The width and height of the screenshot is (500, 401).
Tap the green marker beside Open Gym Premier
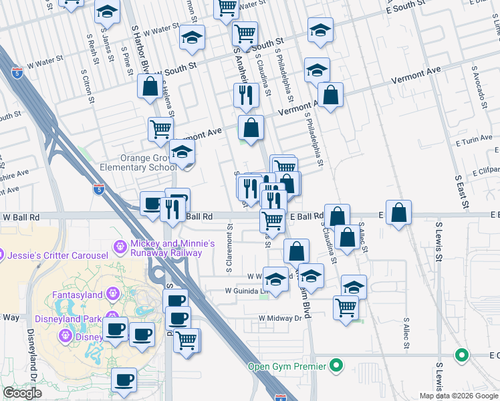point(337,366)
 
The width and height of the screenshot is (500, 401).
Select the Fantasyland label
point(78,294)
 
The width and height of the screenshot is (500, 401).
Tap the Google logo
point(22,393)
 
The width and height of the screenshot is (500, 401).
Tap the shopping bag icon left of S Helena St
point(149,86)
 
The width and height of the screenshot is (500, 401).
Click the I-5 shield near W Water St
point(16,72)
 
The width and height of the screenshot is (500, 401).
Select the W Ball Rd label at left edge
point(21,217)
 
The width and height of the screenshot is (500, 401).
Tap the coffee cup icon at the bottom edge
point(124,380)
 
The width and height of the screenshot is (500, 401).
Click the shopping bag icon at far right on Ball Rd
point(398,213)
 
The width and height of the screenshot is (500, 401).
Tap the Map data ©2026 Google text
point(459,395)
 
